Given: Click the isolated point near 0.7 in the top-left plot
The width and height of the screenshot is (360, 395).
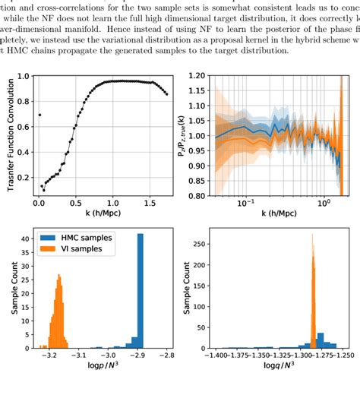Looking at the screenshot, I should click(39, 115).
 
